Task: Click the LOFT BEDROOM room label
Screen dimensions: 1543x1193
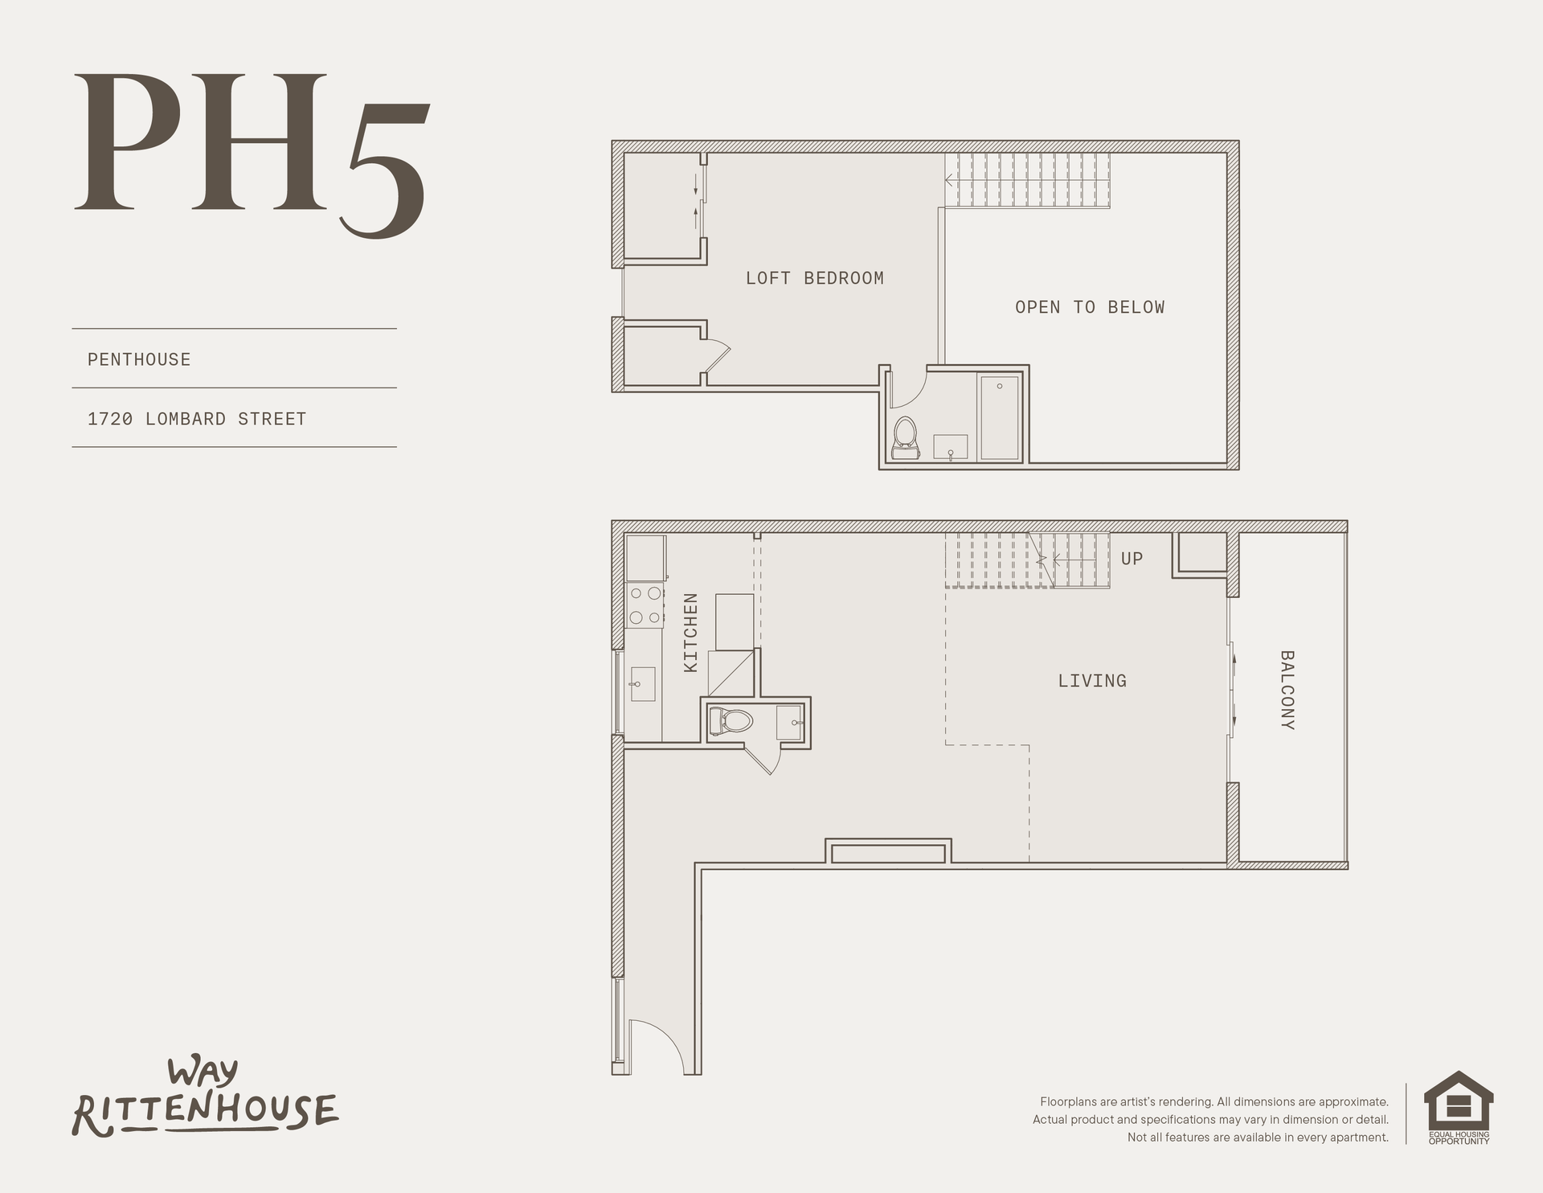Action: click(814, 278)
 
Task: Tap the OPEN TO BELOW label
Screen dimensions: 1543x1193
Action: click(1090, 307)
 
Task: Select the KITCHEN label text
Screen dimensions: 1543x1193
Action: click(690, 633)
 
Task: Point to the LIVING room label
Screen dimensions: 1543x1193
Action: click(1092, 681)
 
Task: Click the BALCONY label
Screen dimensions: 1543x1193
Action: click(1287, 690)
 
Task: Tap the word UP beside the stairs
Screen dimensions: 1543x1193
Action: click(1132, 559)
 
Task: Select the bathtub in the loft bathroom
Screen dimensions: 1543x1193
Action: click(1000, 416)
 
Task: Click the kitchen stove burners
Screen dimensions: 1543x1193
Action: click(645, 605)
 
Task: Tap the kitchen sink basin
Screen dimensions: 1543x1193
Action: click(643, 684)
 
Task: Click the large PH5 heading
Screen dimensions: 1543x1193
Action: click(251, 153)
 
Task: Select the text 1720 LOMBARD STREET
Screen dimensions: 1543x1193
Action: click(197, 419)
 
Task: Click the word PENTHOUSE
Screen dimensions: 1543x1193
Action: click(139, 359)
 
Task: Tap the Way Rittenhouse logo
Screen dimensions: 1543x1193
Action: click(206, 1098)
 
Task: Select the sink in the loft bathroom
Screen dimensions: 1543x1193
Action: click(951, 448)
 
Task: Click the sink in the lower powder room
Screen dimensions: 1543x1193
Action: click(790, 722)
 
